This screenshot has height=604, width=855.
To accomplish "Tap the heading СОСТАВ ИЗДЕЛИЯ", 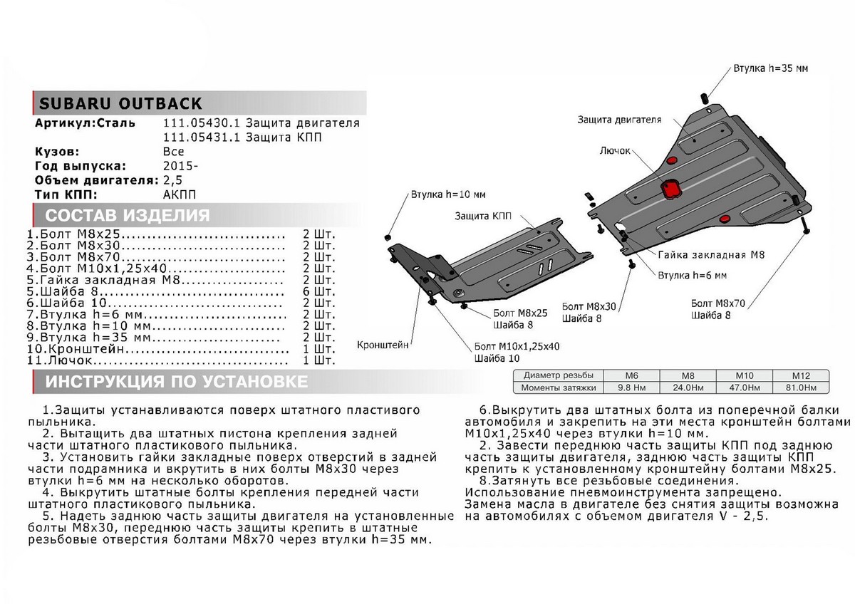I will click(128, 216).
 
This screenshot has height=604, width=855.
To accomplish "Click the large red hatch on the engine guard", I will click(670, 188).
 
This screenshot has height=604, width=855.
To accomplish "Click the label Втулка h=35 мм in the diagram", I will click(770, 68).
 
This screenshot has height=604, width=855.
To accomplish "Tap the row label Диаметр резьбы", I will click(558, 375).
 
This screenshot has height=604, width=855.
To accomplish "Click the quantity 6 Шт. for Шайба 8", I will click(318, 292).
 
